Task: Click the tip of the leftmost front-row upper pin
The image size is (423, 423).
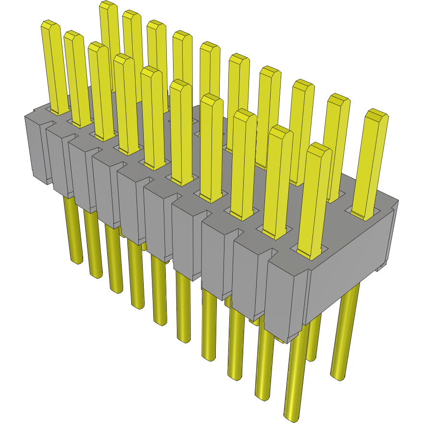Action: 50,25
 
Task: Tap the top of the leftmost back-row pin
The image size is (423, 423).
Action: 109,5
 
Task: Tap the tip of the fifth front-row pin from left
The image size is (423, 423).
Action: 151,71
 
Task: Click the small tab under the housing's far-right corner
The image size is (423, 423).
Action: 382,266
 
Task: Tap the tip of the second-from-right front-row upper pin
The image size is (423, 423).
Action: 281,130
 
